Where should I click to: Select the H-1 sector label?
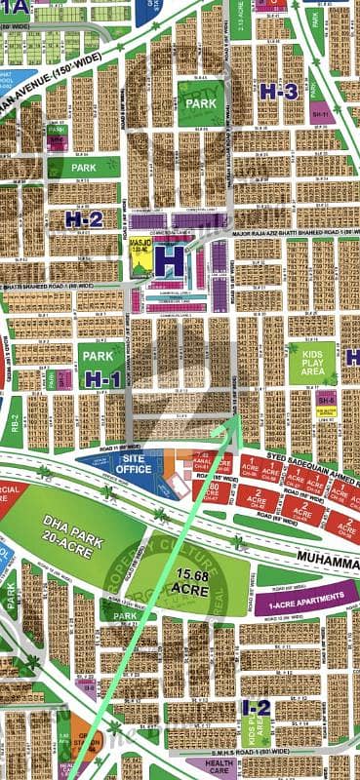(x=101, y=378)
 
